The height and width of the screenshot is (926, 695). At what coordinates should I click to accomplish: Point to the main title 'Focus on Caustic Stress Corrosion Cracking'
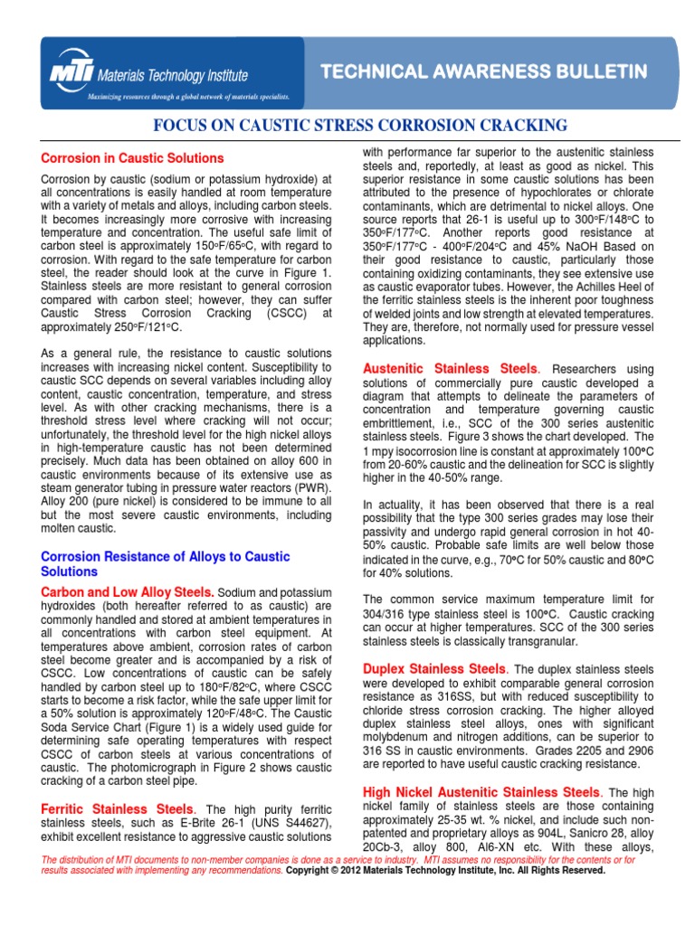347,126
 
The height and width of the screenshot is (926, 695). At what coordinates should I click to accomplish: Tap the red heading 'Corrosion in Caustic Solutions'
132,158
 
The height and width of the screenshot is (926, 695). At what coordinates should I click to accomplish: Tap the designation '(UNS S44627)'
290,823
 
